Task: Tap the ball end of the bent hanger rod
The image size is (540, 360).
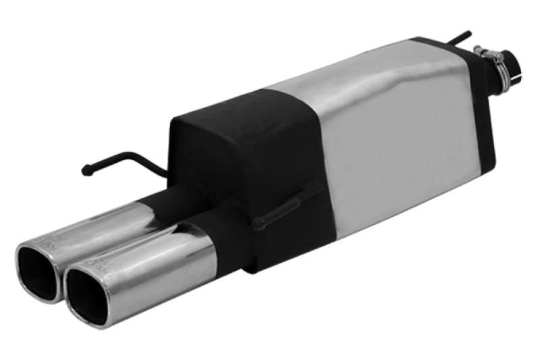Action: pos(86,170)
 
